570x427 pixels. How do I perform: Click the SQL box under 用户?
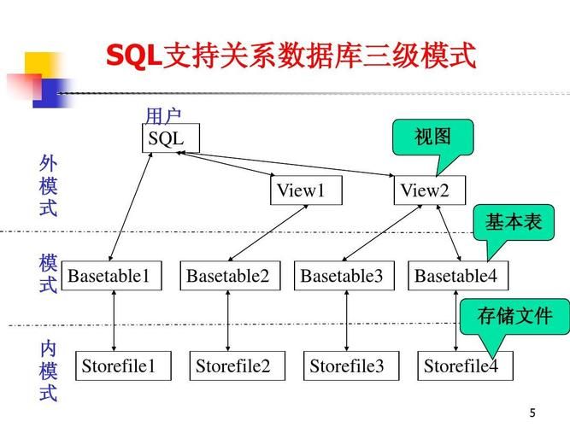(x=170, y=138)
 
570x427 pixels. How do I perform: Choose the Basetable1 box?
(x=111, y=276)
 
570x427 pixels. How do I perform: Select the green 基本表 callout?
(x=514, y=222)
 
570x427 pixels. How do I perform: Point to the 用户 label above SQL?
(x=162, y=116)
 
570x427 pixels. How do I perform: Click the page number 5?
(x=533, y=412)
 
